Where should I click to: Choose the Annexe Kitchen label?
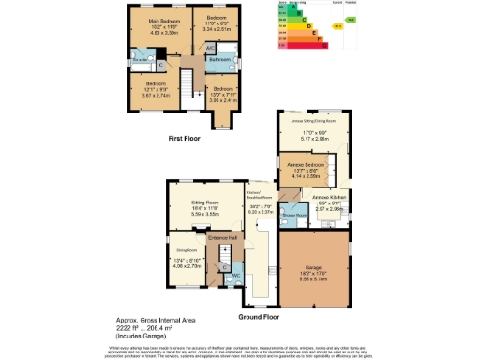pyautogui.click(x=330, y=197)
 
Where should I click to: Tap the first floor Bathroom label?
pyautogui.click(x=220, y=58)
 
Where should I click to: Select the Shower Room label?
pyautogui.click(x=296, y=214)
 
